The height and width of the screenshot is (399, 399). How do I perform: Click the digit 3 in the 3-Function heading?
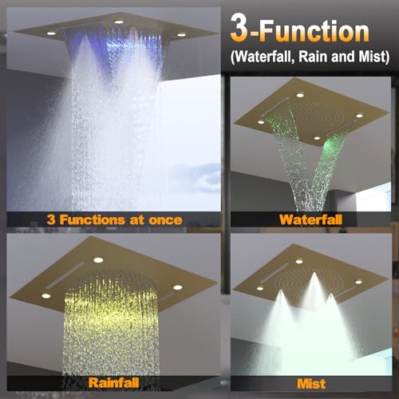click(239, 29)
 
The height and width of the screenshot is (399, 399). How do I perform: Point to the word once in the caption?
click(165, 220)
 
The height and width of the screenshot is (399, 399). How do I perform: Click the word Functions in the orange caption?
click(93, 219)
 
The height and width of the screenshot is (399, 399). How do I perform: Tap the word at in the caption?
click(136, 220)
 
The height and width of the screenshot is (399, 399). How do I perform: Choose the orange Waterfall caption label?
click(310, 219)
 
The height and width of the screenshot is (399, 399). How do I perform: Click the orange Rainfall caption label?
click(113, 383)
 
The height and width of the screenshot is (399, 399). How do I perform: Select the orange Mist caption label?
click(311, 384)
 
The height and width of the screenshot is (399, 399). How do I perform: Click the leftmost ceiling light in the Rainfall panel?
click(46, 296)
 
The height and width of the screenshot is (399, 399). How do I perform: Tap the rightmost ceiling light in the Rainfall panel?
click(178, 287)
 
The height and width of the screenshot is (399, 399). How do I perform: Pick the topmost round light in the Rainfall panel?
click(98, 260)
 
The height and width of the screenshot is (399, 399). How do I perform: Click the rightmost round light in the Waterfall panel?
click(359, 116)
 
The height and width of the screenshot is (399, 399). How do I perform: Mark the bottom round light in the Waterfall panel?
click(317, 138)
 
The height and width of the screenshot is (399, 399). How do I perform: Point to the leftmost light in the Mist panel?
click(260, 288)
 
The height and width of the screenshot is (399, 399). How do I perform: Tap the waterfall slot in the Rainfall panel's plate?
click(65, 275)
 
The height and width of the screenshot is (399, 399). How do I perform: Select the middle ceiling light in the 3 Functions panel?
click(119, 22)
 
